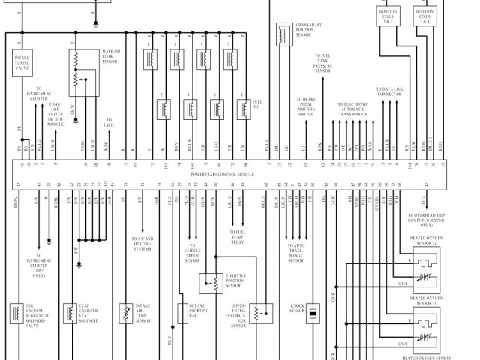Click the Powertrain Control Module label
(x=223, y=173)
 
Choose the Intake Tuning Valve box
(x=22, y=60)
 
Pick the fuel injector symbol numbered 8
(x=242, y=109)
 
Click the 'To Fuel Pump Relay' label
(x=237, y=238)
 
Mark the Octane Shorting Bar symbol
(x=182, y=312)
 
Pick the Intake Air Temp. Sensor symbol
(x=125, y=313)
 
